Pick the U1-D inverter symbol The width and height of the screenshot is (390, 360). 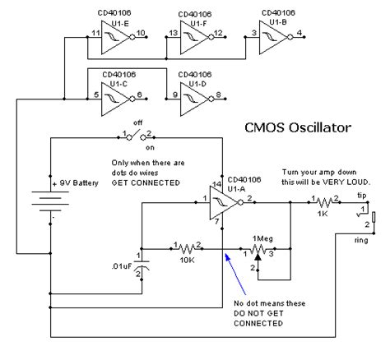tap(193, 96)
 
